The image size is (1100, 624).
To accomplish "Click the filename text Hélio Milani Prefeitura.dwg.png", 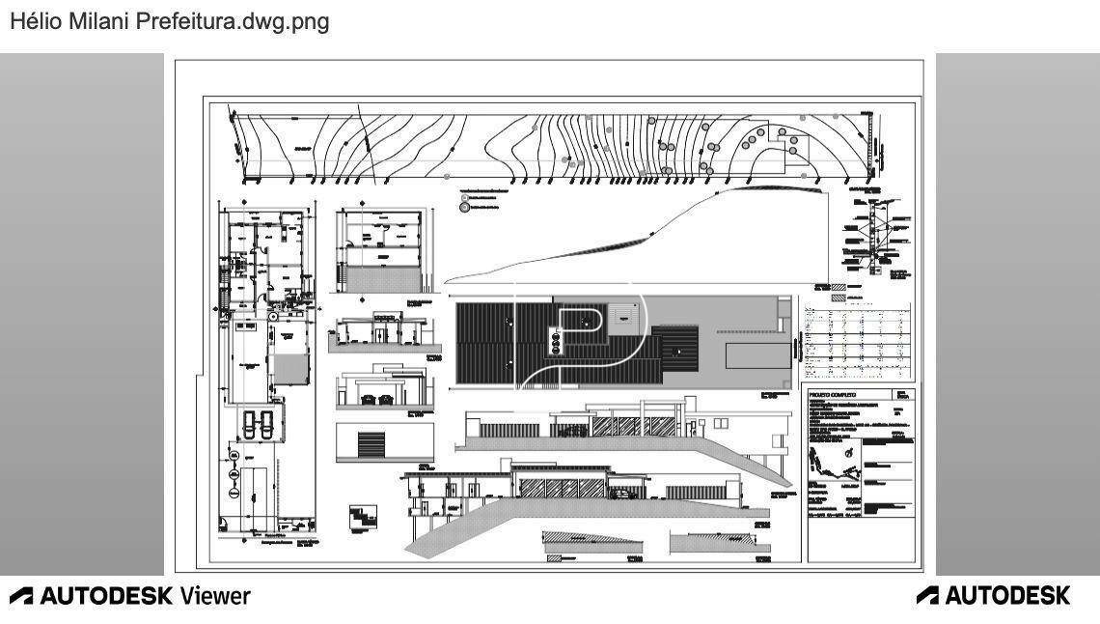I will click(170, 22).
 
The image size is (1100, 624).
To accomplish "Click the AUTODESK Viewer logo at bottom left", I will click(129, 595).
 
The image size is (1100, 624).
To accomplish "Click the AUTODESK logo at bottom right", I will click(993, 595).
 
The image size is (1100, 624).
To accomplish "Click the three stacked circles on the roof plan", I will click(555, 339).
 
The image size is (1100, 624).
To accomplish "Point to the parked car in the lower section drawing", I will click(623, 494).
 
